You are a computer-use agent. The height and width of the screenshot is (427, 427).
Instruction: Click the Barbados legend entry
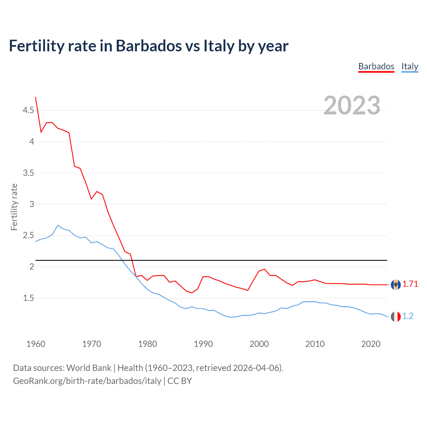[376, 66]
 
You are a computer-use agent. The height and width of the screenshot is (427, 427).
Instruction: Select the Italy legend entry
[410, 66]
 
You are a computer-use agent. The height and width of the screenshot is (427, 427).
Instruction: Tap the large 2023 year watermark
[352, 105]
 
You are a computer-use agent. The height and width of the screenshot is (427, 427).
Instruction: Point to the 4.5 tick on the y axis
[28, 110]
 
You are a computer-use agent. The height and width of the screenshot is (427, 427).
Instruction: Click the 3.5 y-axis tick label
[28, 173]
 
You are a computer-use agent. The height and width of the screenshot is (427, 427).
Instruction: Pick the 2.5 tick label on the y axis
[28, 236]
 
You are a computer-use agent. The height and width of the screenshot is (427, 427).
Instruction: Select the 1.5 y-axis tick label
[28, 298]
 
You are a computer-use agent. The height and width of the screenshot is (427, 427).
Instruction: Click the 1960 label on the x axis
[36, 344]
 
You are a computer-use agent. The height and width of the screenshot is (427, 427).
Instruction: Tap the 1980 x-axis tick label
[147, 344]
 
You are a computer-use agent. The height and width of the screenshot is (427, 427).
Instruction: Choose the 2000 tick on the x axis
[259, 344]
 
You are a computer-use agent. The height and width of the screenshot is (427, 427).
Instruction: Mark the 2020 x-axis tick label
[371, 344]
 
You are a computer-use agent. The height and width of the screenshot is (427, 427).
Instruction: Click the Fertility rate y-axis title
[14, 207]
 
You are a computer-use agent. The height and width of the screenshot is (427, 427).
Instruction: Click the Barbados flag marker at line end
[396, 285]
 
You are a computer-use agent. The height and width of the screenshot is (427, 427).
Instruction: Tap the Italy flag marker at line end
[396, 317]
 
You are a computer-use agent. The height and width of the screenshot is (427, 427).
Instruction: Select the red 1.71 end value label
[410, 284]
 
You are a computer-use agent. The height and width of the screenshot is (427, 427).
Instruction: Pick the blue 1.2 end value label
[408, 316]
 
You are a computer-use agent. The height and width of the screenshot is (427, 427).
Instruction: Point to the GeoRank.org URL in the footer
[87, 381]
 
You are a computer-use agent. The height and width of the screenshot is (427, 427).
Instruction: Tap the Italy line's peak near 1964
[58, 226]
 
